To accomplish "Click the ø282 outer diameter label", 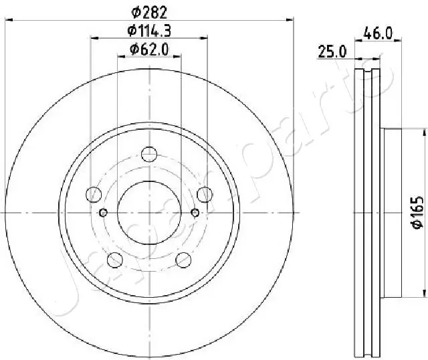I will [149, 11].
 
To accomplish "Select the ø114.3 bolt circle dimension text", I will [149, 30].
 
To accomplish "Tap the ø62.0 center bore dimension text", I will [149, 48].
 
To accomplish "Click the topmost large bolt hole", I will [149, 155].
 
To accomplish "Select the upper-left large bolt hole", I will [94, 195].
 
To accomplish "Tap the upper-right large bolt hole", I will [205, 195].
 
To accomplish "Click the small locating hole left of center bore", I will [103, 213].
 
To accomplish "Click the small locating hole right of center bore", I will [195, 213].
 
